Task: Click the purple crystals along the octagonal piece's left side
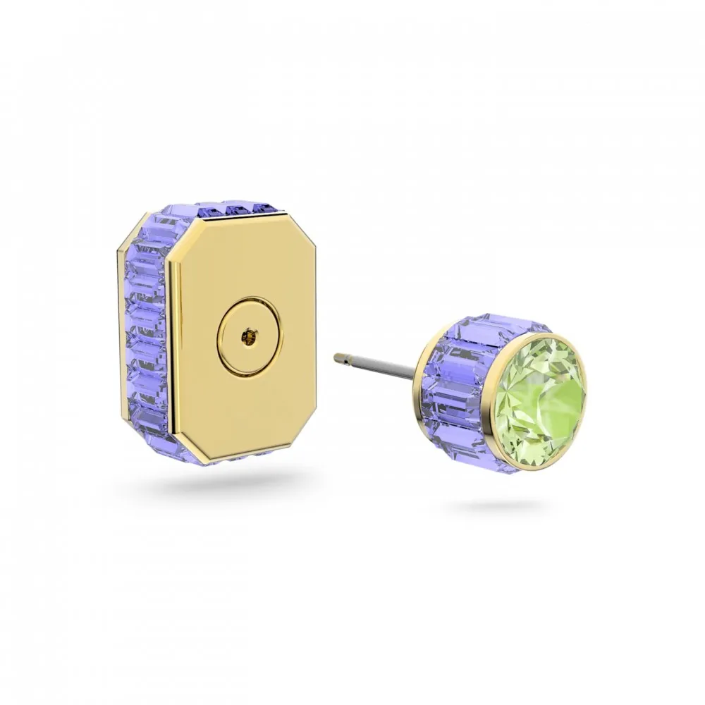145,331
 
